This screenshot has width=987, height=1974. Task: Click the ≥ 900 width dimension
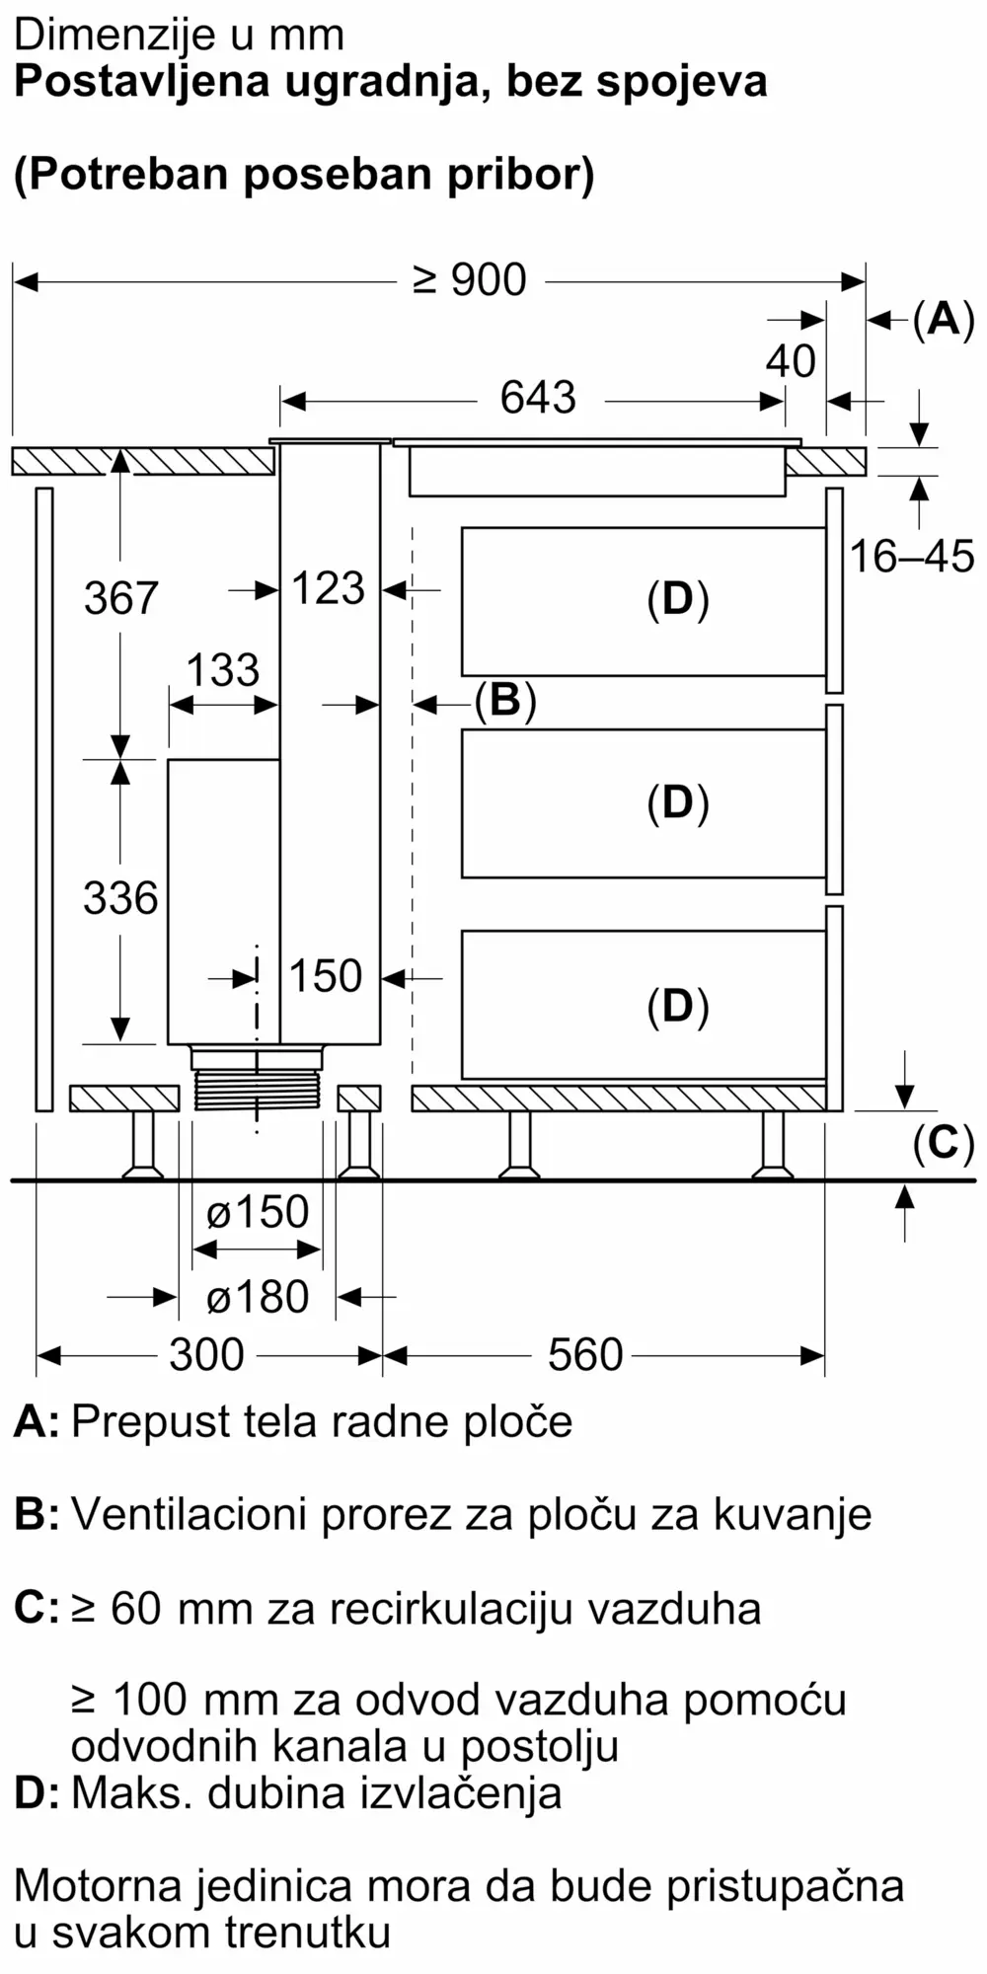tap(470, 281)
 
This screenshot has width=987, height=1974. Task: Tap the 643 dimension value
tap(538, 398)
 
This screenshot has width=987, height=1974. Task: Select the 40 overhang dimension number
tap(791, 361)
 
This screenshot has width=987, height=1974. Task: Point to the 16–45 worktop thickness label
tap(912, 558)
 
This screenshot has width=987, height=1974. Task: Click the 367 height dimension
tap(120, 599)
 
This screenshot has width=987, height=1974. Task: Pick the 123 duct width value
tap(329, 589)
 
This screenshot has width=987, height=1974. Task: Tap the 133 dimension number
tap(223, 671)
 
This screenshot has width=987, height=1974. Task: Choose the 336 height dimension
tap(120, 899)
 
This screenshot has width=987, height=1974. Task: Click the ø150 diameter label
tap(258, 1212)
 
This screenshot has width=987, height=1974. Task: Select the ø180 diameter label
tap(258, 1297)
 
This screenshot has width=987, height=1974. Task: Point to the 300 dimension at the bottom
tap(206, 1355)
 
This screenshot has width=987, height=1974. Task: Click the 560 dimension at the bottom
tap(585, 1355)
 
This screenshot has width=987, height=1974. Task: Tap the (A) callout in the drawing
tap(944, 320)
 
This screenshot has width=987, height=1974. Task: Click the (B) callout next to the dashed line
tap(504, 701)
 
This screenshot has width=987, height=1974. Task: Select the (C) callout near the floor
tap(944, 1143)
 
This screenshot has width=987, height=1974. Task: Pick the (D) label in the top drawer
tap(678, 599)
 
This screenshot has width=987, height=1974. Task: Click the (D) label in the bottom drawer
tap(678, 1006)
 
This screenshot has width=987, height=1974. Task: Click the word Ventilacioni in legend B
tap(189, 1514)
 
